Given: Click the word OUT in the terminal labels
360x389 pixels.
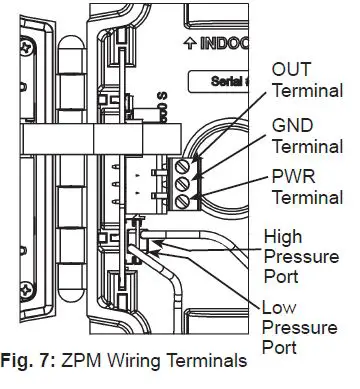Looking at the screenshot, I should pyautogui.click(x=291, y=70).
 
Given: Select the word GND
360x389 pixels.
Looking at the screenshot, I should pyautogui.click(x=292, y=126).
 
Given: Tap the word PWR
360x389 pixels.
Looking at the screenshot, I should pyautogui.click(x=292, y=180).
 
